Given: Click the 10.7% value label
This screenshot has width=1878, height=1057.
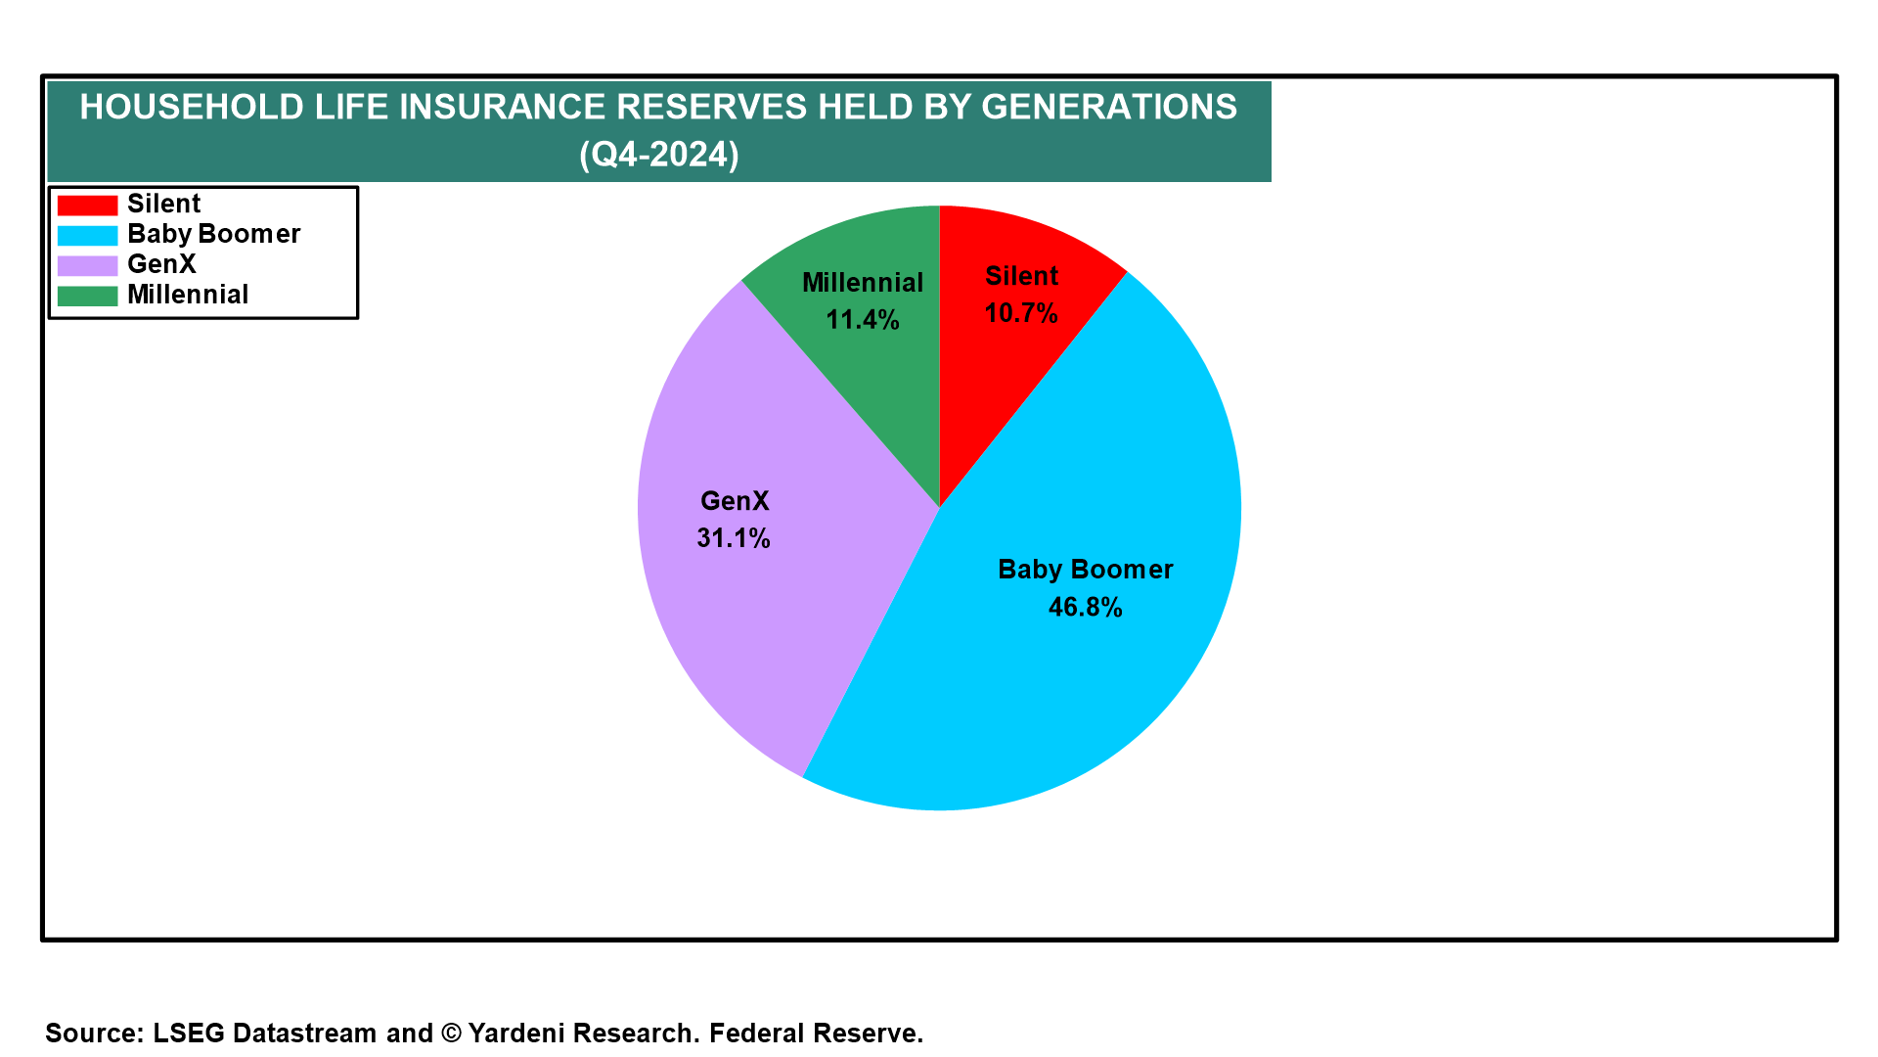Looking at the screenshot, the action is [1021, 313].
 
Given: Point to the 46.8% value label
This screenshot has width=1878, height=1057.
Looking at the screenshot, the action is [1086, 607].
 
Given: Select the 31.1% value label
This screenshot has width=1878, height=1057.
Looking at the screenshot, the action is [734, 538].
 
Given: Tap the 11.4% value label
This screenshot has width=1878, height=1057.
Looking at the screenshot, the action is [863, 320].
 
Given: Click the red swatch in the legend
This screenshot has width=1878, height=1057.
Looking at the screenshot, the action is [87, 206].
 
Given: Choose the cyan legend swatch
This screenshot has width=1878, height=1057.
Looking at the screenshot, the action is [87, 236].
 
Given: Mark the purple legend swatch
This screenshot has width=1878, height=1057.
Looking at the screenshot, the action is [87, 265].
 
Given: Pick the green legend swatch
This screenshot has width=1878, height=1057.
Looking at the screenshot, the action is [87, 296].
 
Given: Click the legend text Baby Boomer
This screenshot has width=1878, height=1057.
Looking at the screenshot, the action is [214, 235].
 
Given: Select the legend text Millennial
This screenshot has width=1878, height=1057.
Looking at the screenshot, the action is [188, 295].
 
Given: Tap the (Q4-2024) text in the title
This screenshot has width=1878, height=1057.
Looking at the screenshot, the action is [659, 155].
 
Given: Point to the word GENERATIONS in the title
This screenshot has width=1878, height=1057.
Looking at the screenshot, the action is [1109, 107].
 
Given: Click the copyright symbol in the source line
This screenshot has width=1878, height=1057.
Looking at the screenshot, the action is [451, 1034].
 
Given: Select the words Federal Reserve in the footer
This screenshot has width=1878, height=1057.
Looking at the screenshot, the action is [816, 1034].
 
